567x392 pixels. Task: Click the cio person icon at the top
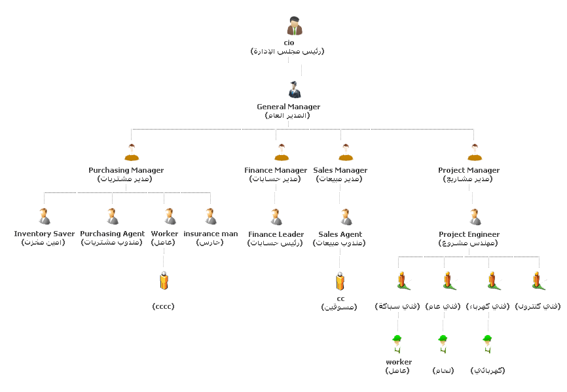click(295, 26)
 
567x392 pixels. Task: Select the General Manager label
click(288, 107)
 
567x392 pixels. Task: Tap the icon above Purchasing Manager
click(132, 152)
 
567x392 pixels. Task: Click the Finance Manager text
click(276, 170)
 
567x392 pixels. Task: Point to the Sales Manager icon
click(346, 152)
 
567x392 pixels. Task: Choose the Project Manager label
click(469, 170)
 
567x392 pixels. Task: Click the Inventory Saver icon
click(44, 216)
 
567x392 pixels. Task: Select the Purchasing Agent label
click(112, 234)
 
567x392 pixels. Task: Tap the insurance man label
click(211, 234)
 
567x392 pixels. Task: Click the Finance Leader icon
click(276, 216)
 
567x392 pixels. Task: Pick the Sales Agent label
click(340, 234)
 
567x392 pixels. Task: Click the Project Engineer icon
click(475, 216)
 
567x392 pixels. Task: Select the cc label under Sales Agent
click(340, 298)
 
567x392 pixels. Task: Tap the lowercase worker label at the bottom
click(399, 362)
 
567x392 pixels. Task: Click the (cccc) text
click(163, 306)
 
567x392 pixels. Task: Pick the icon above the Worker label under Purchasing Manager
click(170, 216)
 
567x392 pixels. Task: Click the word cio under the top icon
click(289, 43)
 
